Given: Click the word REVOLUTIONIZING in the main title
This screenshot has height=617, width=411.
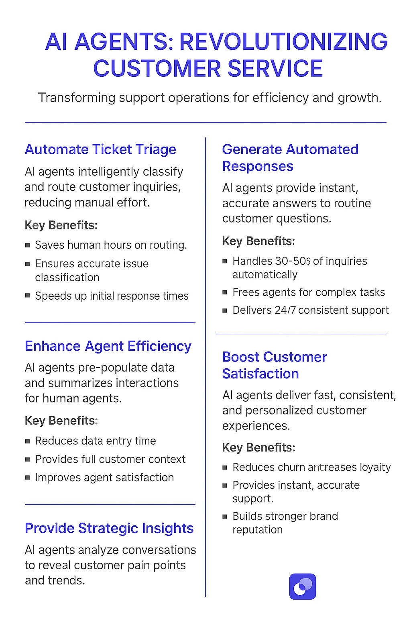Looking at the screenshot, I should (x=283, y=41).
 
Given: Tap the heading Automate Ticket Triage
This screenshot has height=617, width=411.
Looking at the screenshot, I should (x=100, y=149).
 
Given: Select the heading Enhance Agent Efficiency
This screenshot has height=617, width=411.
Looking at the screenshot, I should (x=108, y=346).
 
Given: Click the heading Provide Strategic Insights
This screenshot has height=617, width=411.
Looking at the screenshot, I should (x=109, y=528).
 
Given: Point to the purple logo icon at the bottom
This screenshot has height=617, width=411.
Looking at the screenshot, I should (x=303, y=587).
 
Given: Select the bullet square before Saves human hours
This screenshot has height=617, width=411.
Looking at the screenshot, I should (x=27, y=245).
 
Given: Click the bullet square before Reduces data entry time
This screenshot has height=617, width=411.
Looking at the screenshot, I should (x=27, y=441).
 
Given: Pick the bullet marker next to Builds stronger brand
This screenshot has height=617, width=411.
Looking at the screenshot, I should (x=225, y=516).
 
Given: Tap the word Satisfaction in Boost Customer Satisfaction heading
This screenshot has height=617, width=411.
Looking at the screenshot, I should (x=260, y=374).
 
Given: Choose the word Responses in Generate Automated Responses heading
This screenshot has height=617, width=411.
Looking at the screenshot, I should (x=258, y=166).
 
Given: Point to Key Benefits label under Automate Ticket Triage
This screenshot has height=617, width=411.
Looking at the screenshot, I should (x=61, y=225).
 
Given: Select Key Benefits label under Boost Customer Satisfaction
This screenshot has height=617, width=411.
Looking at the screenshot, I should (x=258, y=447).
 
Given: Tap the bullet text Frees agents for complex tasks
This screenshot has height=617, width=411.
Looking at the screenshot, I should (x=309, y=292).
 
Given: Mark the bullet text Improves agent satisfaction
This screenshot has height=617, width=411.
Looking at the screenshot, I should (x=104, y=478).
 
